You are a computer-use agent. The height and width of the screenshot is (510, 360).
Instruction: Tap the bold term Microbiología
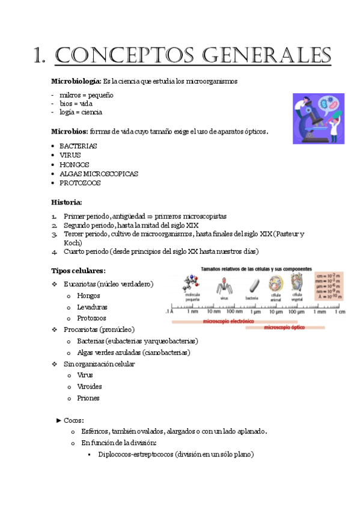76,81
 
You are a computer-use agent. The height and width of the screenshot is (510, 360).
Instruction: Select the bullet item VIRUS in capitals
70,155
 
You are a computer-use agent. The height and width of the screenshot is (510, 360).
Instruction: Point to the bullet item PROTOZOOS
80,183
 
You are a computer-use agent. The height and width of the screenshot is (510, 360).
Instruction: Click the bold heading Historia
66,201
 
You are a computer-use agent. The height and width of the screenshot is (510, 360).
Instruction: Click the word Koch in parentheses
74,242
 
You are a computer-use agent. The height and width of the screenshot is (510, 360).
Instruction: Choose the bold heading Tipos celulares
78,270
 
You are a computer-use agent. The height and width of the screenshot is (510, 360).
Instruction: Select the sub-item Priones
88,398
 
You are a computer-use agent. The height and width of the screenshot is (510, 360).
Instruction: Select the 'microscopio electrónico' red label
228,322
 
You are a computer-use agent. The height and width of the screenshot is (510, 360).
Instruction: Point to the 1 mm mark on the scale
319,312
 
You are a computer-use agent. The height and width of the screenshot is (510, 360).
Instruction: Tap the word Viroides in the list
90,387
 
